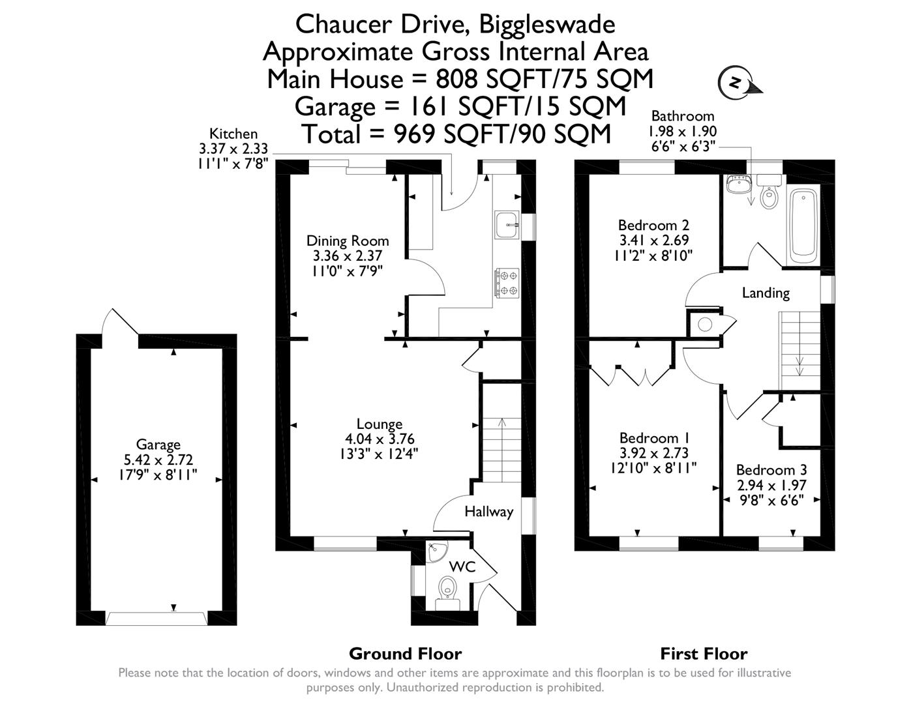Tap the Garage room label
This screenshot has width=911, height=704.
158,445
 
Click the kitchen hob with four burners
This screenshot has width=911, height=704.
507,283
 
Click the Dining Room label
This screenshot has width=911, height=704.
348,241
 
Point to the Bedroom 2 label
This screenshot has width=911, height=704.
653,226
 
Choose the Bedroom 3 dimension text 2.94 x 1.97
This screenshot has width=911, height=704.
771,485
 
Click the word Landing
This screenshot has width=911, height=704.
766,293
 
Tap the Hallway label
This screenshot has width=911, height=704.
488,512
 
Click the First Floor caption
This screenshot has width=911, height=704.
704,653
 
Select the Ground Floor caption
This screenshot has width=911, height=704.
405,653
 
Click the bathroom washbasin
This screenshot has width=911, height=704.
738,184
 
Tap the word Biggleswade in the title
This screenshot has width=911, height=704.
547,24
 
